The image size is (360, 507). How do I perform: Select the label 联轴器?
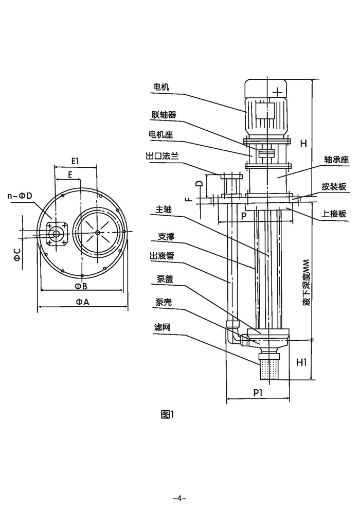click(x=164, y=115)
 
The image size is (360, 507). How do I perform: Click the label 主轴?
click(x=163, y=210)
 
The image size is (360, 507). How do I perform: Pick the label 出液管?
click(x=163, y=256)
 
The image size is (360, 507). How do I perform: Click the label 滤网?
click(x=161, y=327)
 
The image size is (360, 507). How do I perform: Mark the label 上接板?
click(x=334, y=215)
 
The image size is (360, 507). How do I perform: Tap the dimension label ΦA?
click(x=82, y=302)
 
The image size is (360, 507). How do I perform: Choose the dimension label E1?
click(x=75, y=161)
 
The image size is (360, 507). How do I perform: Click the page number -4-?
click(x=179, y=498)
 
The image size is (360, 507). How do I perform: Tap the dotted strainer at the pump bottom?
click(x=269, y=369)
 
